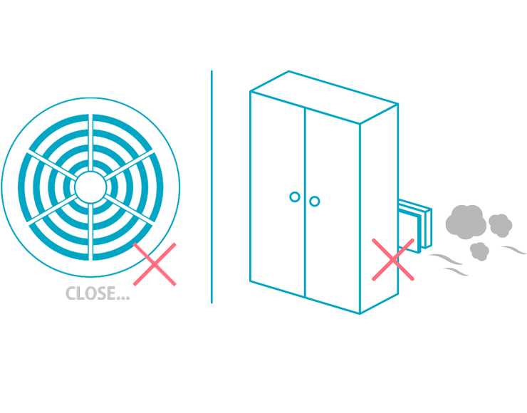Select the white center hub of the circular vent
(90, 187)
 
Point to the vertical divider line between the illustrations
(212, 187)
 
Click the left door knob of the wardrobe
(294, 197)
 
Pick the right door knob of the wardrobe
(315, 202)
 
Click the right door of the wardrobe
(332, 206)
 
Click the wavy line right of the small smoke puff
(513, 250)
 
